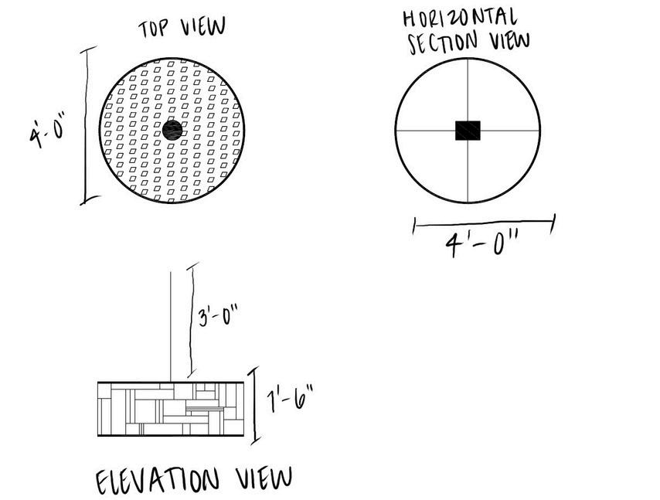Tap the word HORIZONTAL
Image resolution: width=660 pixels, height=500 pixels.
pyautogui.click(x=460, y=18)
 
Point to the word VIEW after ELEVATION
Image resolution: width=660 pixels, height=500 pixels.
pyautogui.click(x=265, y=477)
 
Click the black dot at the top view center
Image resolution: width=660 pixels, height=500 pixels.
pyautogui.click(x=172, y=129)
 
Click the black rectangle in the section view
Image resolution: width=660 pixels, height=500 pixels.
pyautogui.click(x=468, y=131)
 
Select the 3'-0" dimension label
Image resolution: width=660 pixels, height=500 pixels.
pyautogui.click(x=218, y=317)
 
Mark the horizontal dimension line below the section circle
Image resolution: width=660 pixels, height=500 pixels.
pyautogui.click(x=485, y=224)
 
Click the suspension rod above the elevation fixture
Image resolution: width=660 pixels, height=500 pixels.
pyautogui.click(x=171, y=325)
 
